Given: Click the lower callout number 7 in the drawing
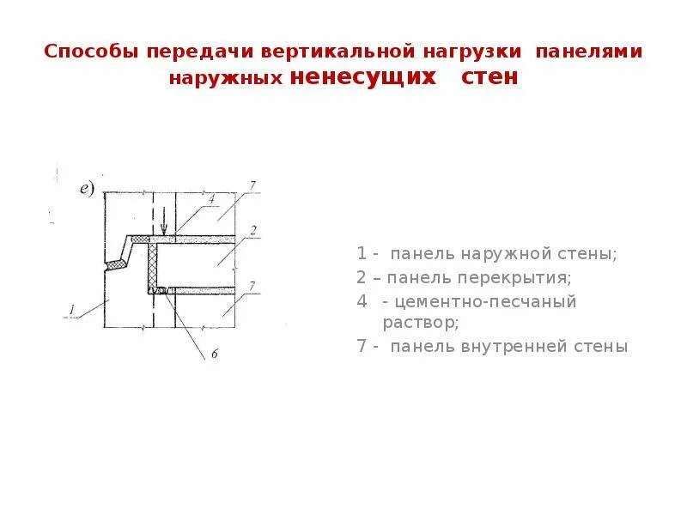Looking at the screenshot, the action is coord(252,285).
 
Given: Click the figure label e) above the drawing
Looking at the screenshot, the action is coord(88,191).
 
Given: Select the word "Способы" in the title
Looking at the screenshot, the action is coord(81,51).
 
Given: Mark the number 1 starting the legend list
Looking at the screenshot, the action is coord(362,255).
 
